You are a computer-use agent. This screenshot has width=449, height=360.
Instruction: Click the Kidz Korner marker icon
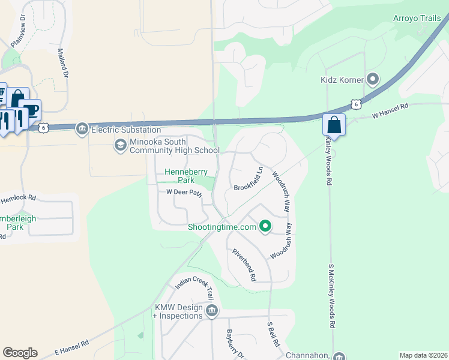373,79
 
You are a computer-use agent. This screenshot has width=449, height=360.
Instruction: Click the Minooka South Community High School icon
120,145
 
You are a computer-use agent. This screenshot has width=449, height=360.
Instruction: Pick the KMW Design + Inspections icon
211,310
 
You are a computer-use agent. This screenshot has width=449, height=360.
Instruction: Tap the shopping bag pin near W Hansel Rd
333,125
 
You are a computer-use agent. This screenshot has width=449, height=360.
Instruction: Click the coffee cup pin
29,110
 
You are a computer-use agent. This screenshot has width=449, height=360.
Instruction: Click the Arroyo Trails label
417,19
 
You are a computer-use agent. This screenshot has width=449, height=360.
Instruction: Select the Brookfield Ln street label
249,179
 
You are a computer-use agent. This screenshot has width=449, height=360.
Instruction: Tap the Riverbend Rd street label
245,265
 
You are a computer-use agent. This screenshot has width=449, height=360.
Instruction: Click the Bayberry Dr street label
232,343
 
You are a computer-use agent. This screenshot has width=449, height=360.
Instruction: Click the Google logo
20,353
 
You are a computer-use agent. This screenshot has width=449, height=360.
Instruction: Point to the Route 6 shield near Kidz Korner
357,104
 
